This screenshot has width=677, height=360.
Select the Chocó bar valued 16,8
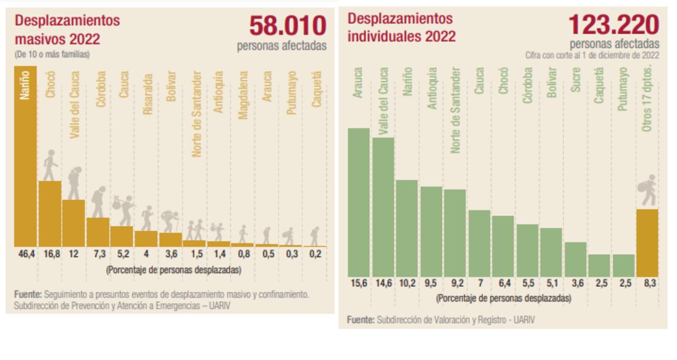tap(50, 214)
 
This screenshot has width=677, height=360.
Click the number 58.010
tap(288, 25)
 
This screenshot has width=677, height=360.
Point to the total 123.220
tap(614, 25)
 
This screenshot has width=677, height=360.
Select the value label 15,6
tap(358, 283)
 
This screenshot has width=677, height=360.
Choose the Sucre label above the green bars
tap(575, 80)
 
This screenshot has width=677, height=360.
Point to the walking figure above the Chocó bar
tap(50, 165)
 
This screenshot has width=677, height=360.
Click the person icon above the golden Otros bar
tap(647, 190)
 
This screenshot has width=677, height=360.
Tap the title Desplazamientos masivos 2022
tap(67, 30)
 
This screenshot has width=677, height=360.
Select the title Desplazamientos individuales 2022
tap(401, 27)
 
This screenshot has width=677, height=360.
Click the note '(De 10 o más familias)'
tap(52, 54)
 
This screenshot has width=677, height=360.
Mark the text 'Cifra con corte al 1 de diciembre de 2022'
tap(592, 55)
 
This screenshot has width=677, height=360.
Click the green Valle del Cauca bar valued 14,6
tap(383, 207)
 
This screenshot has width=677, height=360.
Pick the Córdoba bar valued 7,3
tap(98, 232)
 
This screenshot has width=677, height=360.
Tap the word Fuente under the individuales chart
tap(360, 319)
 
